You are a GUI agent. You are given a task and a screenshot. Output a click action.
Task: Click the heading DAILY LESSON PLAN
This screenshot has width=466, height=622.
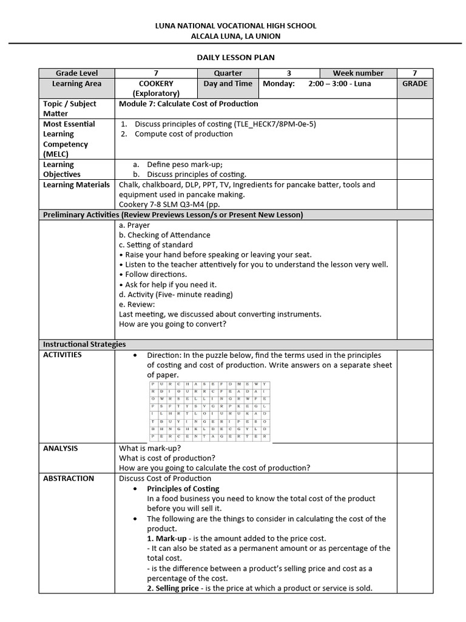[x=235, y=57]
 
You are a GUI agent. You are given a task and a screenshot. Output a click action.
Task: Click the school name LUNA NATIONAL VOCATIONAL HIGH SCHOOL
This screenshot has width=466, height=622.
[x=235, y=26]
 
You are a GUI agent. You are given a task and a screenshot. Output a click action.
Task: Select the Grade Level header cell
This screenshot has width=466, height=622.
[x=76, y=73]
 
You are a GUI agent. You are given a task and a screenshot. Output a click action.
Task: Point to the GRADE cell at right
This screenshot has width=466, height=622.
[x=414, y=84]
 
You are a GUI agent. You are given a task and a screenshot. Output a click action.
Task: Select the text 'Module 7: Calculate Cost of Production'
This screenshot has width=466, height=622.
[x=189, y=104]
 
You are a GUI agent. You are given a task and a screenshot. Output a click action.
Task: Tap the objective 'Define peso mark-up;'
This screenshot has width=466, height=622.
[x=184, y=165]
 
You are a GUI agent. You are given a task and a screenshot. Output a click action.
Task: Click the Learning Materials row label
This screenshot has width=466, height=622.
[x=76, y=185]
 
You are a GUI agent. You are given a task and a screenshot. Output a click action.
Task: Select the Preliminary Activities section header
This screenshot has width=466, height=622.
[x=171, y=215]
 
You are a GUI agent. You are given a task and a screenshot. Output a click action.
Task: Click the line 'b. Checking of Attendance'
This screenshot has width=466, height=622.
[x=164, y=235]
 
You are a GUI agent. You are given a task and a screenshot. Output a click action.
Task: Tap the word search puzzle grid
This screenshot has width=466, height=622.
[x=208, y=412]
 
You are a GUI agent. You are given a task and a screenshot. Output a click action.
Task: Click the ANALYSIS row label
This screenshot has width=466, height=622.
[x=60, y=448]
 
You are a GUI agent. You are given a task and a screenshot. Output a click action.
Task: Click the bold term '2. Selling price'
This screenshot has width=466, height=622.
[x=172, y=588]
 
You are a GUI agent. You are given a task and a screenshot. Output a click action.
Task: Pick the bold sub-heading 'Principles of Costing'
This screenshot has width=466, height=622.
[x=183, y=488]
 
